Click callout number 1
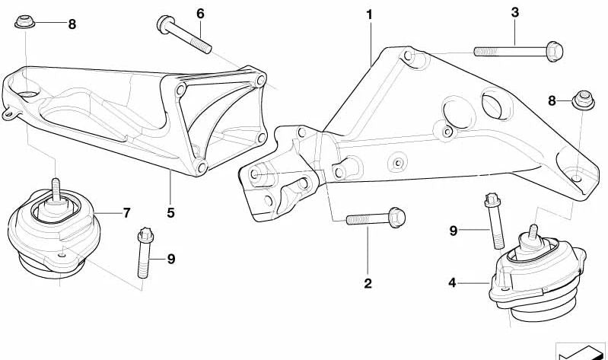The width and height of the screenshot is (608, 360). tap(369, 15)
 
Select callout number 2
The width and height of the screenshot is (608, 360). tap(368, 283)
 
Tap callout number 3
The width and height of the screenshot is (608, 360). tap(515, 12)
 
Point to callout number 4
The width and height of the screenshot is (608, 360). tap(452, 283)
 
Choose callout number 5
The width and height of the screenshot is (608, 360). tap(170, 212)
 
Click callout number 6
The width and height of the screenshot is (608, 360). tap(200, 14)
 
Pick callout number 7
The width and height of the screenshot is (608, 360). tap(127, 212)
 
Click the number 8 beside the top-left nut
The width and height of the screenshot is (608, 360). tap(72, 24)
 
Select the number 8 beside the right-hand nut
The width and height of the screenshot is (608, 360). tap(552, 101)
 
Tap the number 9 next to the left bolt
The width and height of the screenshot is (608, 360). tap(171, 259)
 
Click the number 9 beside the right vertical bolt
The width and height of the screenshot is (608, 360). tap(454, 231)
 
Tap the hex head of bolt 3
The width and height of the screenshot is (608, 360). tap(555, 51)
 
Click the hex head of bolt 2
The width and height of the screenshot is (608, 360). tap(396, 217)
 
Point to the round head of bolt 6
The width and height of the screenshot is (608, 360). tap(164, 24)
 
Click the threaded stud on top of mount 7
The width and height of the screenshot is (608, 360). tap(56, 190)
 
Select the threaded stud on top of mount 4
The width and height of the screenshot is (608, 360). tap(533, 232)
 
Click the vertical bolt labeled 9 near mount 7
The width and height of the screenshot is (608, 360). tap(145, 253)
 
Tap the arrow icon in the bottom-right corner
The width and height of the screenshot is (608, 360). tap(580, 352)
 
